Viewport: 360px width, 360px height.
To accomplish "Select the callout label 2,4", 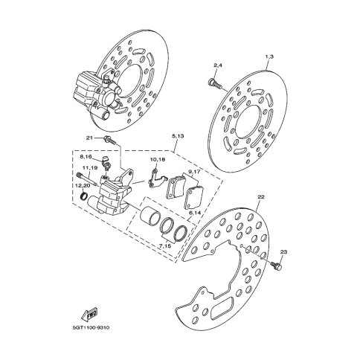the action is tap(218, 65).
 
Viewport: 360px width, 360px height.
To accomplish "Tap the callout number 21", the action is tap(89, 138).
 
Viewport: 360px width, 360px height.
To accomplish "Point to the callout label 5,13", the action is tap(178, 136).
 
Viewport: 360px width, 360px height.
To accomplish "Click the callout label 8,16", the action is tap(86, 157).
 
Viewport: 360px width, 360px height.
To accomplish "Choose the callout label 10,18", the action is tap(158, 159).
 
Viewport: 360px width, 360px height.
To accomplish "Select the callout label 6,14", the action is tap(194, 213).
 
